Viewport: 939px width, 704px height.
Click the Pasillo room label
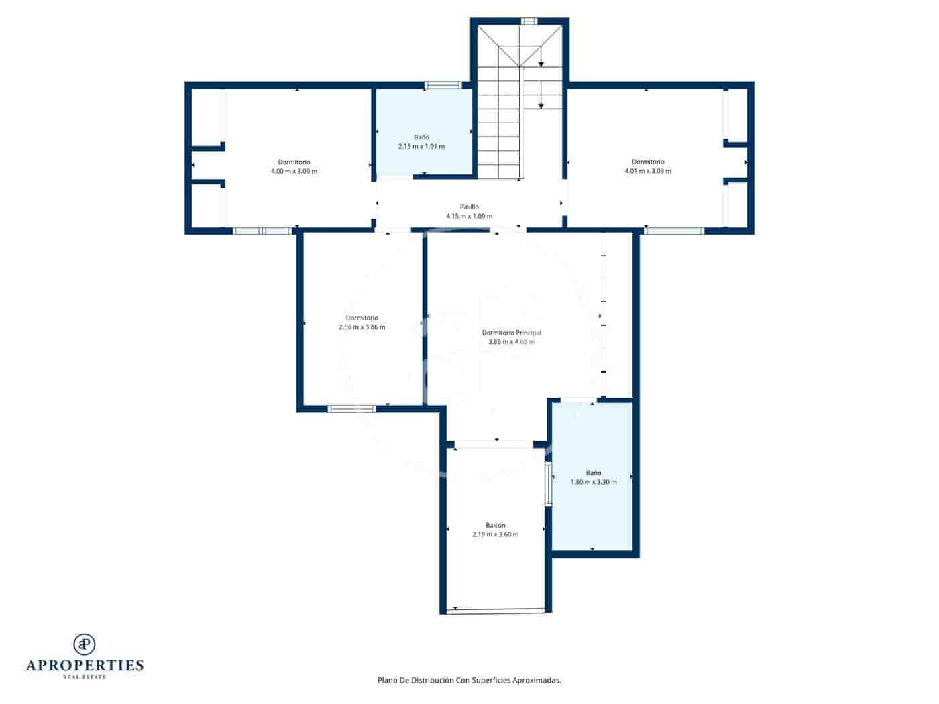pyautogui.click(x=469, y=207)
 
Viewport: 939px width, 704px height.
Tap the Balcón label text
pyautogui.click(x=495, y=525)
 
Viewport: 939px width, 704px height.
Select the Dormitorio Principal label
pyautogui.click(x=511, y=333)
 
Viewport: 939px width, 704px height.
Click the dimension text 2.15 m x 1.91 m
pyautogui.click(x=421, y=146)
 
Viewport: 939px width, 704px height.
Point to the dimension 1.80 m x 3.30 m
pyautogui.click(x=593, y=482)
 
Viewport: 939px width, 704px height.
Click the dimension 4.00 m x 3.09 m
pyautogui.click(x=294, y=171)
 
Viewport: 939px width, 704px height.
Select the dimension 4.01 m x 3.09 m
pyautogui.click(x=647, y=171)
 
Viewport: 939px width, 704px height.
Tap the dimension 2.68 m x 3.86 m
pyautogui.click(x=362, y=327)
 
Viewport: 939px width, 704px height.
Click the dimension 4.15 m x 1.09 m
pyautogui.click(x=469, y=216)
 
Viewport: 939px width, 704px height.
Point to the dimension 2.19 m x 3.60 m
pyautogui.click(x=495, y=534)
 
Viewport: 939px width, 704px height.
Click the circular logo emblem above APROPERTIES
pyautogui.click(x=85, y=644)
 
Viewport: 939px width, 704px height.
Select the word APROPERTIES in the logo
pyautogui.click(x=85, y=665)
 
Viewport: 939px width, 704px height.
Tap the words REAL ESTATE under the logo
pyautogui.click(x=85, y=677)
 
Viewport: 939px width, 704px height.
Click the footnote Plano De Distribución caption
pyautogui.click(x=469, y=680)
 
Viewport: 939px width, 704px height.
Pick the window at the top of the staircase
pyautogui.click(x=529, y=21)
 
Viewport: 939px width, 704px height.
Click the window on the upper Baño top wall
pyautogui.click(x=443, y=85)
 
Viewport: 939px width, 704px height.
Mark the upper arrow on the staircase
pyautogui.click(x=541, y=64)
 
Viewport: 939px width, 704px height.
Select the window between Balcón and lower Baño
pyautogui.click(x=548, y=483)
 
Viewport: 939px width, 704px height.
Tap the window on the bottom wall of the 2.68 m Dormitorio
pyautogui.click(x=351, y=408)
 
